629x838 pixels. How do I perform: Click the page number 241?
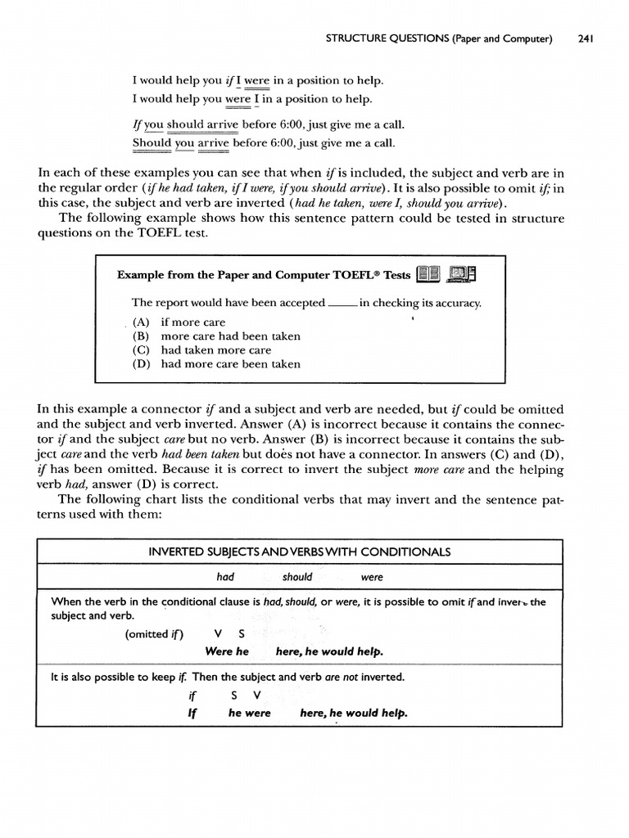(x=585, y=38)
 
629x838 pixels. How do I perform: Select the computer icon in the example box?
(x=463, y=274)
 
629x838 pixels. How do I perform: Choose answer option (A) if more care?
(x=179, y=322)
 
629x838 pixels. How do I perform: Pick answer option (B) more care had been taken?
(x=216, y=336)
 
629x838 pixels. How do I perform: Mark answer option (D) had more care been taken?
(x=216, y=364)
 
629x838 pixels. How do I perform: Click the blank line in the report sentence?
(x=342, y=304)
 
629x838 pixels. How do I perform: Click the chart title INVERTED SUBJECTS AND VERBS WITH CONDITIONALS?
(x=300, y=552)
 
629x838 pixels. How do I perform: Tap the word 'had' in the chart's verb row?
(x=225, y=577)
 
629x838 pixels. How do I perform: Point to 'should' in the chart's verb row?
(x=297, y=577)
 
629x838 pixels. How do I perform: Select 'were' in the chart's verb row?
(x=372, y=577)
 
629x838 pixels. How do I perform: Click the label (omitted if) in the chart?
(x=155, y=634)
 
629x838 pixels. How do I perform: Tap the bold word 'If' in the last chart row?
(x=192, y=713)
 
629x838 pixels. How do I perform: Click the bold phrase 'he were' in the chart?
(x=250, y=713)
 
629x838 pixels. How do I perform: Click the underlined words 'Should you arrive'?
(x=181, y=142)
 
